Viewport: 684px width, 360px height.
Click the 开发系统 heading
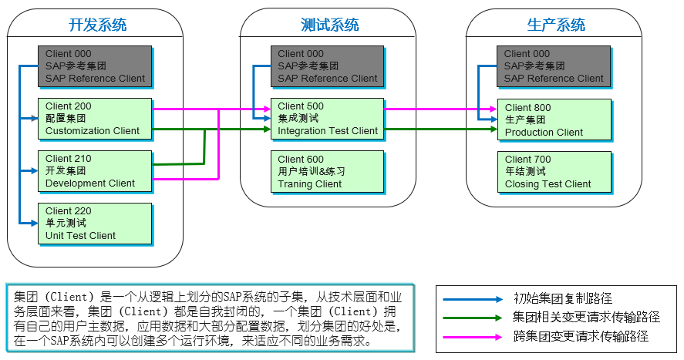[97, 25]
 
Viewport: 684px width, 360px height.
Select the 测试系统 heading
[329, 25]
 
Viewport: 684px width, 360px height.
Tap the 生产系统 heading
[556, 25]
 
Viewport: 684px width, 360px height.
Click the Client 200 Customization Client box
[95, 119]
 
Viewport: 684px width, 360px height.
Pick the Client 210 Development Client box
[95, 171]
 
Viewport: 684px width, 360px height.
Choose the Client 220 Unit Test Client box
[95, 224]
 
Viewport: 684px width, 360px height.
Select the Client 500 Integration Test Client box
[328, 119]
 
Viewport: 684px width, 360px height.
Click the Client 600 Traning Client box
[328, 172]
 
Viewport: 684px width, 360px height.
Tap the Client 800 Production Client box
[554, 119]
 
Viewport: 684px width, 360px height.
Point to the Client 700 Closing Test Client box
[554, 172]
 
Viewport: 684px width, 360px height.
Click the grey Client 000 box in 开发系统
[95, 66]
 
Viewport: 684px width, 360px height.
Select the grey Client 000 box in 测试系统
[328, 66]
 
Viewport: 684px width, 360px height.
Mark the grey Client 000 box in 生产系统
[554, 66]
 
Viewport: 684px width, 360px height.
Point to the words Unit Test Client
[81, 236]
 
